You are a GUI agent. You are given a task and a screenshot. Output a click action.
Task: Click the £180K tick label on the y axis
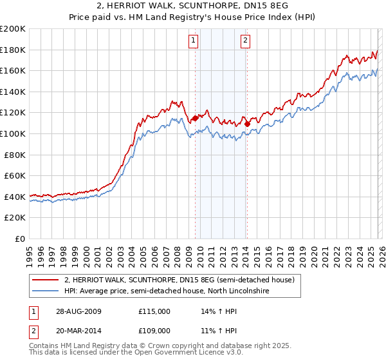pos(13,50)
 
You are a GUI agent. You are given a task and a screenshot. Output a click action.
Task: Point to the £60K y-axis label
pos(15,175)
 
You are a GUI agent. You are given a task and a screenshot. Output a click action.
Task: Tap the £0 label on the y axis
pos(20,239)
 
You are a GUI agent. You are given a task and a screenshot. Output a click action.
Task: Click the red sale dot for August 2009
pos(195,118)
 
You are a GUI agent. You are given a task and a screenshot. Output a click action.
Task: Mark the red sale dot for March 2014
pos(246,124)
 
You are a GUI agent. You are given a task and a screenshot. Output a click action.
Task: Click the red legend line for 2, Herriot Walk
pos(46,280)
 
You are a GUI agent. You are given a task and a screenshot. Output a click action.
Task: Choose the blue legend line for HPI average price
pos(46,291)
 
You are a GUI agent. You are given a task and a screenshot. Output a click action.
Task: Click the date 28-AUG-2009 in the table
pos(79,311)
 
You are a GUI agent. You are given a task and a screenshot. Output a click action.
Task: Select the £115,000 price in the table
pos(154,311)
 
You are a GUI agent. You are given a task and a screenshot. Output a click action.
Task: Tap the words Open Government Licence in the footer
pos(187,354)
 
